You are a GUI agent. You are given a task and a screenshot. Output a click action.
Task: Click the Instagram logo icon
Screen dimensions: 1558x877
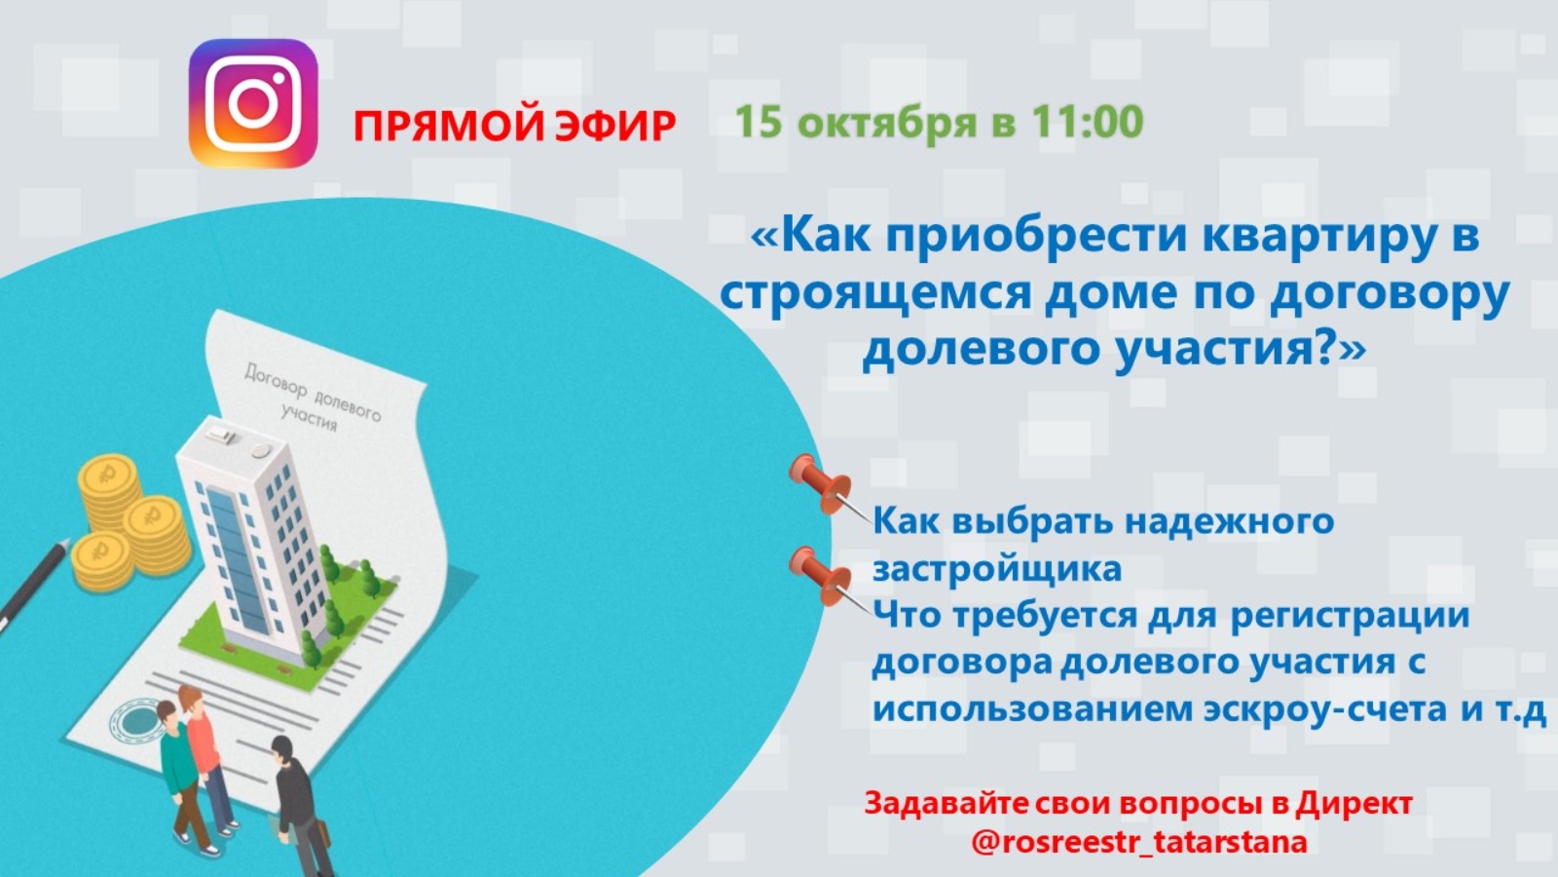click(253, 103)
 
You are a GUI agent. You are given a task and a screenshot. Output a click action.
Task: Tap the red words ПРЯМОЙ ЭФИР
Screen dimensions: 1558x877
click(515, 126)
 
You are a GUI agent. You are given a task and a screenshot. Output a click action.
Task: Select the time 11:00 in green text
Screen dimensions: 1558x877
click(1087, 121)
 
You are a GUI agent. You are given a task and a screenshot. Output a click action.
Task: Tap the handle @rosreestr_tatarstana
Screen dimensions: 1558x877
click(1139, 842)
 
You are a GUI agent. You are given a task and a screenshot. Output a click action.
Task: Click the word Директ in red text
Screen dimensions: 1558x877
click(1354, 803)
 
